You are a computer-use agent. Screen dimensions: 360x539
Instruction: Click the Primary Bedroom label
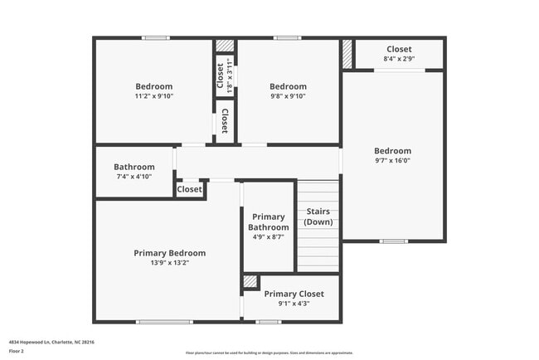[170, 253]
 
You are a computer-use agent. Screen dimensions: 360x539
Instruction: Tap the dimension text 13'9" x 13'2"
[170, 263]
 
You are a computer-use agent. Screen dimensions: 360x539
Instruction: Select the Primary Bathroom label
[269, 222]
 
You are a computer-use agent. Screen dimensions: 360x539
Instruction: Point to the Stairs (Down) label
[318, 216]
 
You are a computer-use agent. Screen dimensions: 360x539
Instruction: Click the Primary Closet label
[294, 294]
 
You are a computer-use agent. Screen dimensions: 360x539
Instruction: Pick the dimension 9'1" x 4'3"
[294, 304]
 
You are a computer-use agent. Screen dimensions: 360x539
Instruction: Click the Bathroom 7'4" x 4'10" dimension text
[134, 177]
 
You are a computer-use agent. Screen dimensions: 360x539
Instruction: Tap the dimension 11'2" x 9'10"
[154, 96]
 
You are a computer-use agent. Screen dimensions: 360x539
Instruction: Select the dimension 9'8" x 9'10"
[288, 96]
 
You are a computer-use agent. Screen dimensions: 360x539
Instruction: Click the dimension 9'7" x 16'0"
[392, 161]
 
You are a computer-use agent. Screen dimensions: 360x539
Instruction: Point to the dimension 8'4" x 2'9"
[399, 59]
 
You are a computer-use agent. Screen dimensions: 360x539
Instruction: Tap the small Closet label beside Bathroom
[189, 189]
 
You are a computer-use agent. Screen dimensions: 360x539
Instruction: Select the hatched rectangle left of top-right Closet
[347, 53]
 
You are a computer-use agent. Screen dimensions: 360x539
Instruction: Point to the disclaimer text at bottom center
[269, 353]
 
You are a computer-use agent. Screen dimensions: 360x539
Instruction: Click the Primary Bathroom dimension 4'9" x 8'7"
[269, 237]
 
